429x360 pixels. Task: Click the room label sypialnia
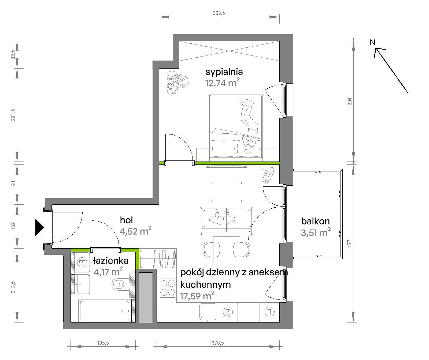click(x=224, y=72)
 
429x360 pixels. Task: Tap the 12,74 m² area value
click(x=222, y=82)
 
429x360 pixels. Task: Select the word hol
click(x=126, y=220)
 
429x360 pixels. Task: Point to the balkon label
click(x=315, y=221)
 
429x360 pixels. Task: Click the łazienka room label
click(x=111, y=260)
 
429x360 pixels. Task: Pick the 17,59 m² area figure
click(x=197, y=296)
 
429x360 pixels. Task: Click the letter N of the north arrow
click(x=372, y=42)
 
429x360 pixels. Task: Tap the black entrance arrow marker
click(x=39, y=227)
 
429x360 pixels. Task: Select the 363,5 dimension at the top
click(x=219, y=13)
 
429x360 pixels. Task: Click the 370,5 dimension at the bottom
click(x=218, y=343)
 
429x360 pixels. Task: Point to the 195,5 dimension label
click(x=103, y=343)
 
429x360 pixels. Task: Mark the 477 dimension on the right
click(x=350, y=243)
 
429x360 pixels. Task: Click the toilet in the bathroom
click(x=118, y=284)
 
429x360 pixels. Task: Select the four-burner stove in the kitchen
click(x=168, y=288)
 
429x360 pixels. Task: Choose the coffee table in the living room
click(x=227, y=192)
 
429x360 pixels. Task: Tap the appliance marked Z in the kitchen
click(x=228, y=312)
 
